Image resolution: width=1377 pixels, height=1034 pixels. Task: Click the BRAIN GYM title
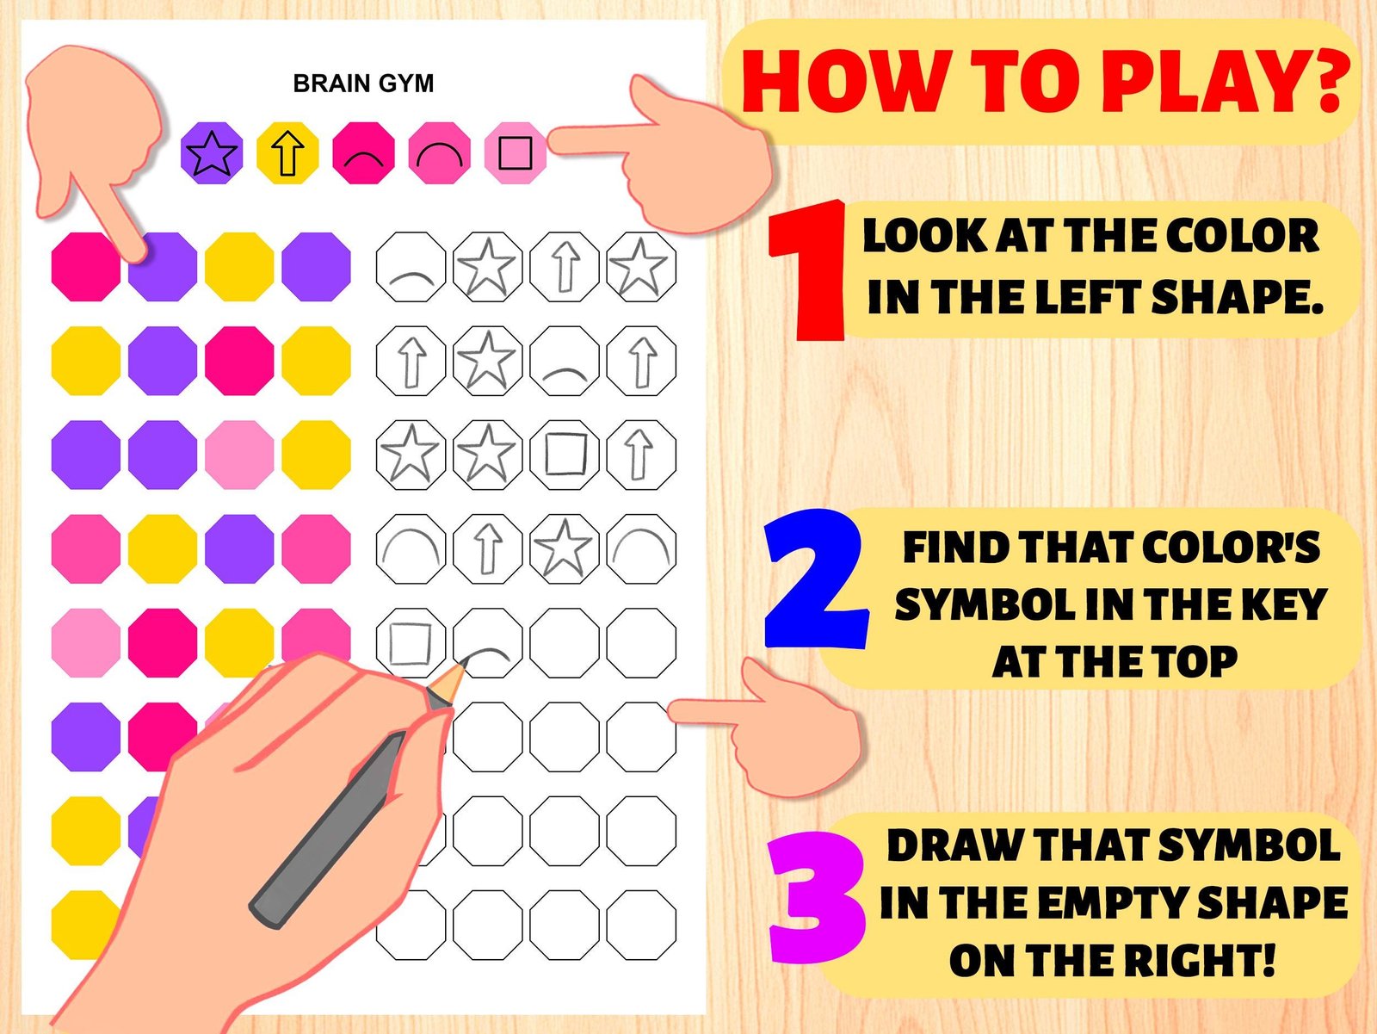363,84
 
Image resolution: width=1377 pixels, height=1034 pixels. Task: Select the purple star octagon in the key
212,153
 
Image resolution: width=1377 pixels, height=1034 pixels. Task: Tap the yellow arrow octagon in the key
287,153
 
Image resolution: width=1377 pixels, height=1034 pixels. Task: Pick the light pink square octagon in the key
515,153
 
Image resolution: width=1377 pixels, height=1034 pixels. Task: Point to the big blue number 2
816,579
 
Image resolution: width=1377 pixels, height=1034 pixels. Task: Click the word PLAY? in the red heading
1232,82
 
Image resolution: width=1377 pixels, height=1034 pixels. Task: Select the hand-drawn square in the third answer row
565,454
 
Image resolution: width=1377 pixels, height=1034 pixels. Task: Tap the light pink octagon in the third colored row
239,455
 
